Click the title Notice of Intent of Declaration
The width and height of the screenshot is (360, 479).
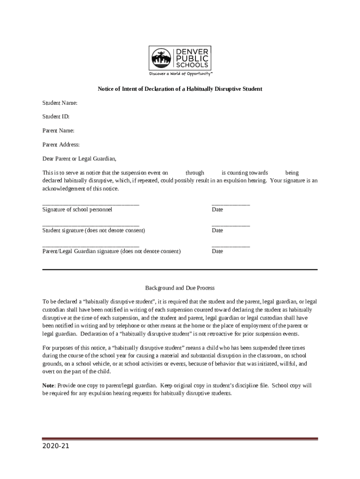pos(180,88)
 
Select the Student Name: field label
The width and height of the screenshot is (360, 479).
pos(60,102)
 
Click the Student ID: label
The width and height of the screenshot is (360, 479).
pos(56,116)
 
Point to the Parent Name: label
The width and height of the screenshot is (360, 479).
pos(58,131)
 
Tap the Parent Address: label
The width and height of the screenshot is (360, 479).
pos(61,145)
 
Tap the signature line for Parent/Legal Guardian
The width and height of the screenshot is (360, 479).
pos(91,246)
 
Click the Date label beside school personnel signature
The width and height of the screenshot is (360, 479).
pos(217,210)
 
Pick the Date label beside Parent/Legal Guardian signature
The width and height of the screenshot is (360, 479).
pos(217,251)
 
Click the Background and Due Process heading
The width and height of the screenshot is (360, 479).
pos(180,288)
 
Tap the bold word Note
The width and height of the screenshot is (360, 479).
pos(49,386)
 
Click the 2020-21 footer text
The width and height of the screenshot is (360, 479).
pos(56,446)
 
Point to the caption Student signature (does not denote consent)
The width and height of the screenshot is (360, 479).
pos(94,231)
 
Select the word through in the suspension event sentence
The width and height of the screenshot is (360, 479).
pos(195,173)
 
